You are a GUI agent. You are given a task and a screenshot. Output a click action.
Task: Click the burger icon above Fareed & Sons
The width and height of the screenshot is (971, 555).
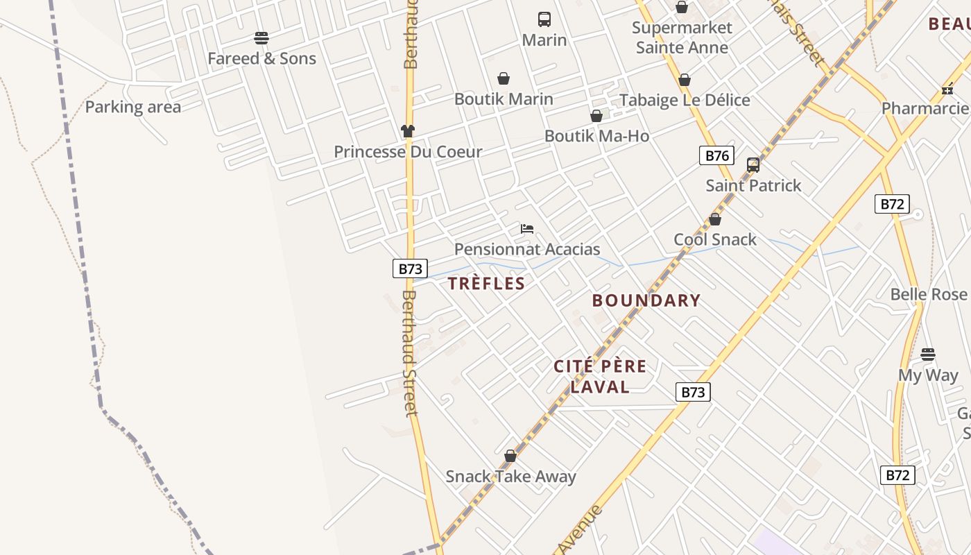tap(261, 37)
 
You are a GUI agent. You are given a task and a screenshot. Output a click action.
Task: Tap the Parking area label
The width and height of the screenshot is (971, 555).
tap(132, 107)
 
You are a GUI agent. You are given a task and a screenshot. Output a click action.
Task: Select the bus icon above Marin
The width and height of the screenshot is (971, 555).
tap(544, 19)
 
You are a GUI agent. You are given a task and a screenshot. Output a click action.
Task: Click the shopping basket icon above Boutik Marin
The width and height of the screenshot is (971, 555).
tap(504, 79)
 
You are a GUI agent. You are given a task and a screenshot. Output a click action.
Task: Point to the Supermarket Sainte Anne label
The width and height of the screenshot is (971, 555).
tap(682, 37)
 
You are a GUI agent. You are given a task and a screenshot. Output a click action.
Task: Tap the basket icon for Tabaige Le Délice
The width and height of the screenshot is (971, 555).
tap(685, 80)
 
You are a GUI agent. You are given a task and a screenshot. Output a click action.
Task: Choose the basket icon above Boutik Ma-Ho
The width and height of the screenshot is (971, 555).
tap(596, 116)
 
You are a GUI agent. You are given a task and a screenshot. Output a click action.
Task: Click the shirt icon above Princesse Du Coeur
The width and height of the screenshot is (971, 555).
tap(408, 130)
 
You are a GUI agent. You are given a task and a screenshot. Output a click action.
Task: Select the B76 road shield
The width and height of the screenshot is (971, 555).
tap(716, 155)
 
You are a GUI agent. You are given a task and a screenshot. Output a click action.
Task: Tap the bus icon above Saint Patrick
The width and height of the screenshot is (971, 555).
tap(753, 165)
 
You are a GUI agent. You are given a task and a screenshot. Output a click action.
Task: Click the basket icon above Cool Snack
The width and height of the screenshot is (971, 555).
tap(715, 220)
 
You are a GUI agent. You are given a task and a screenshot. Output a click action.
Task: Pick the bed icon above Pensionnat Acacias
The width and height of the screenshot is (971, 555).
tap(527, 229)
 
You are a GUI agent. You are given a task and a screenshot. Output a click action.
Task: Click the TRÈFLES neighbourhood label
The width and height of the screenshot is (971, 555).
tap(486, 283)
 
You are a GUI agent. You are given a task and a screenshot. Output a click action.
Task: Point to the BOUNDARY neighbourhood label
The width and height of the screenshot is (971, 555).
tap(646, 300)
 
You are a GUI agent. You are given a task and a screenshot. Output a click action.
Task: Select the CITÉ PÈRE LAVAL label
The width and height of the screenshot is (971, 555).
tap(600, 376)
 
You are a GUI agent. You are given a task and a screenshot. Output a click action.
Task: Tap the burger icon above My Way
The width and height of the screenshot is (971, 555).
tap(928, 355)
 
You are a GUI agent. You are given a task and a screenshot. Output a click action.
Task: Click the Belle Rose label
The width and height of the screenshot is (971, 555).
tap(928, 294)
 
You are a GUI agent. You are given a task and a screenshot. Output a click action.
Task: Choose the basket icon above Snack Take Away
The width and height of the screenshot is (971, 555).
tap(510, 456)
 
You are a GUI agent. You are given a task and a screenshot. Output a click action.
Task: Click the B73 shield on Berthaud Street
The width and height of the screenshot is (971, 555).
tap(410, 268)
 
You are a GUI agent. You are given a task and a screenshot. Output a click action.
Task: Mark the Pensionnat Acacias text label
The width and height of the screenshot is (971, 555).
tap(527, 249)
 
